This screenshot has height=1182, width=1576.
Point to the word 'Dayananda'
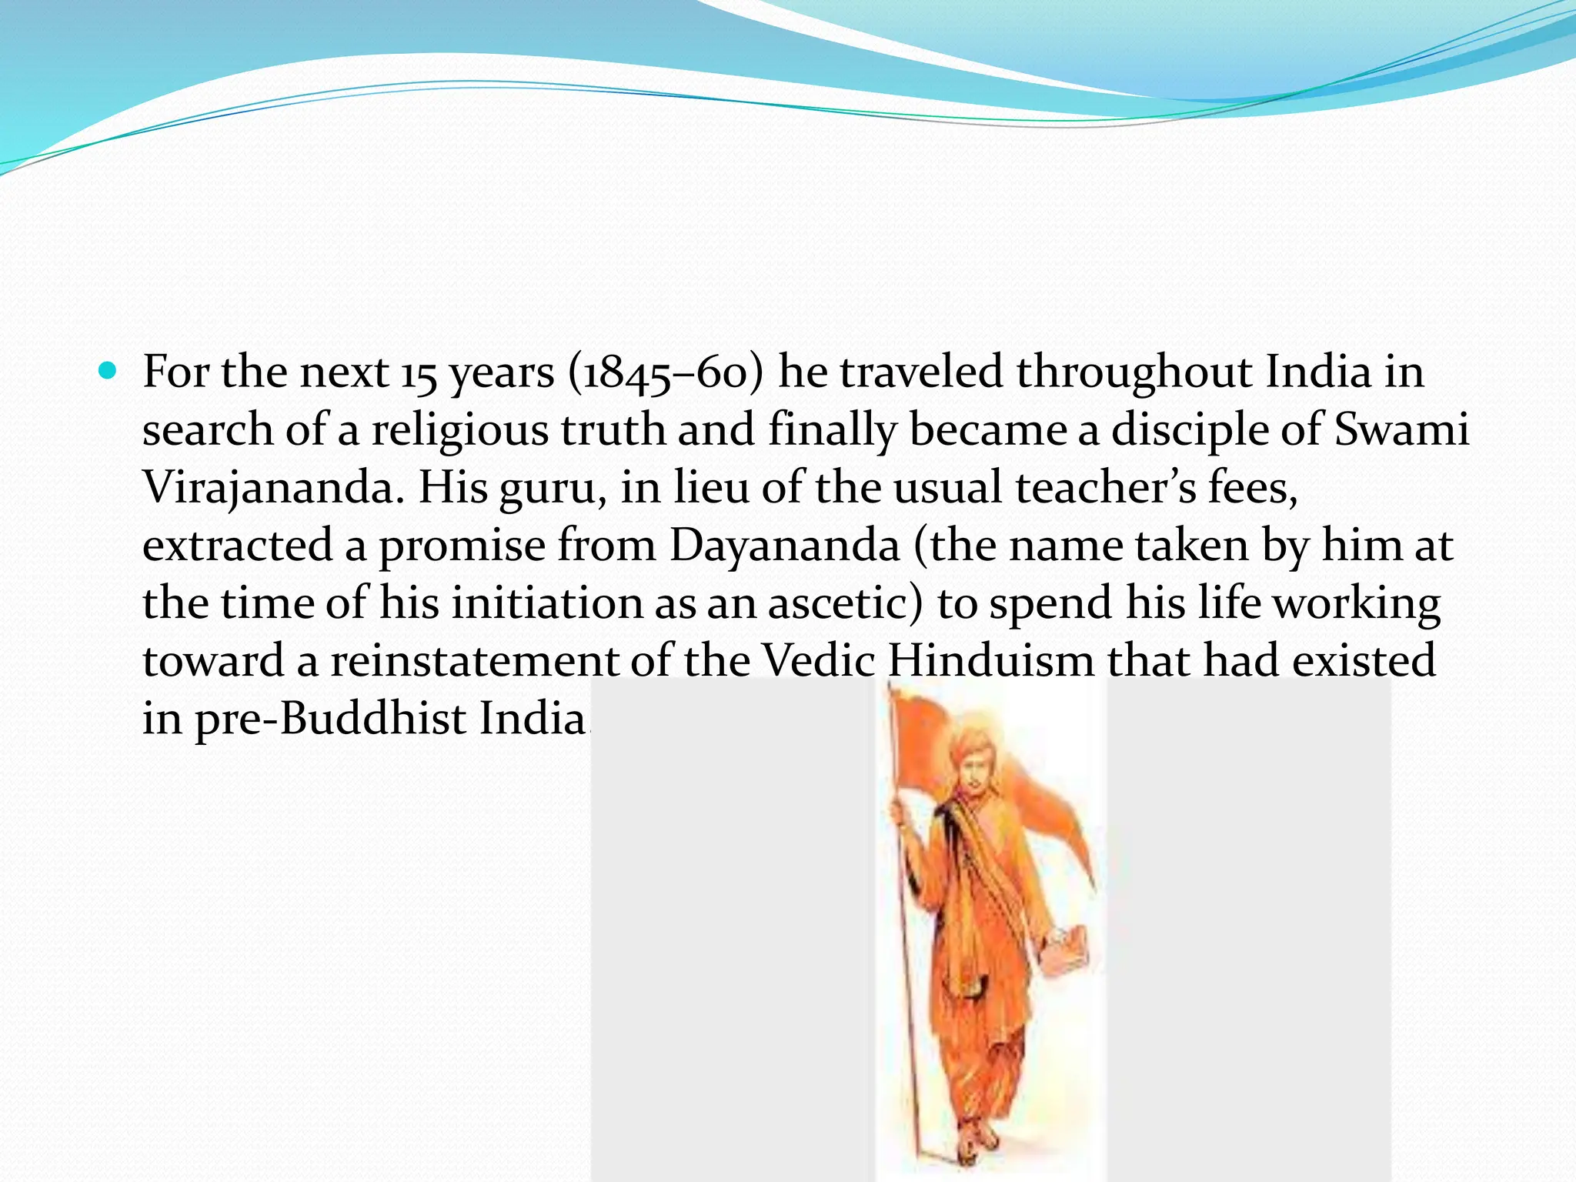[x=784, y=546]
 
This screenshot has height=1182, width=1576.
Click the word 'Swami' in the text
[x=1401, y=431]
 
